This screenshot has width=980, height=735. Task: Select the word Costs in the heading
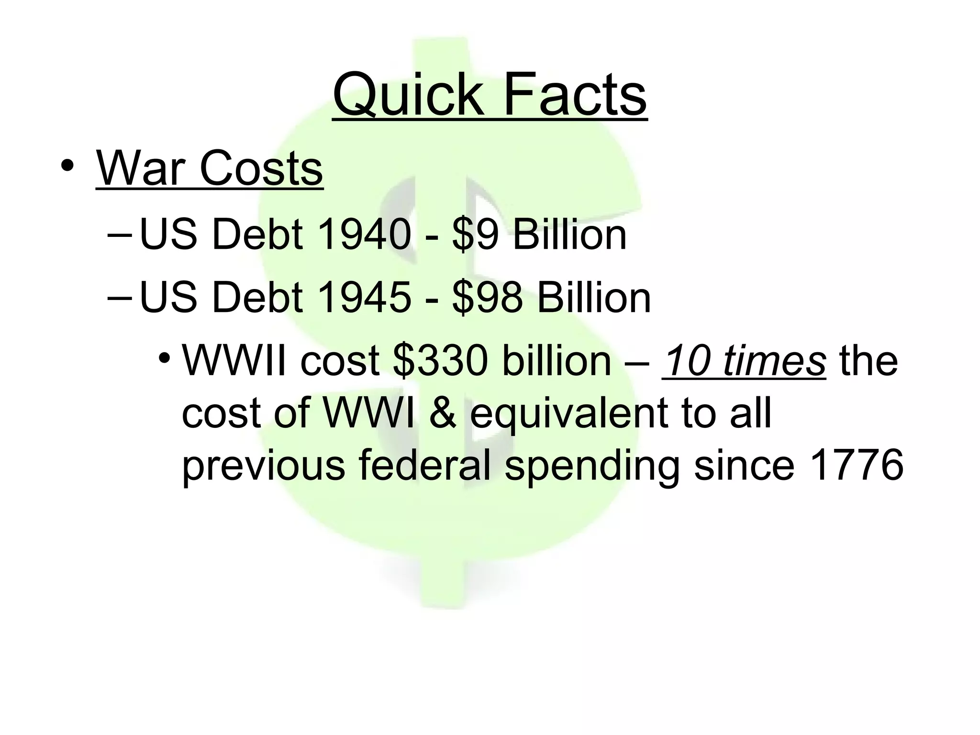(261, 168)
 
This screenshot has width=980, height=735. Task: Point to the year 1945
(364, 298)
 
